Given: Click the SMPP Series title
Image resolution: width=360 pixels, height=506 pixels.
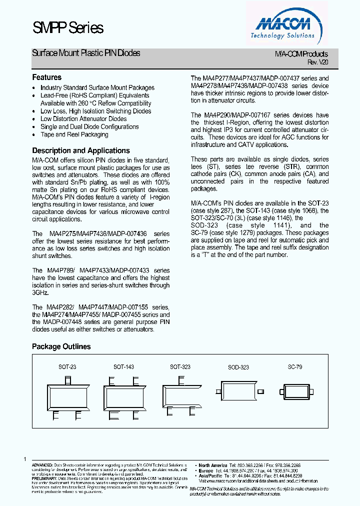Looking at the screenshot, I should point(67,28).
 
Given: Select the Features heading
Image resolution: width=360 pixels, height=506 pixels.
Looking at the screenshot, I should point(46,77).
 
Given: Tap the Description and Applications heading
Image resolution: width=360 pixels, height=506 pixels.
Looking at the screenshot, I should point(81,150).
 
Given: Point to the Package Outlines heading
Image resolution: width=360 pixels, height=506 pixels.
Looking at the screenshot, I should point(61,346).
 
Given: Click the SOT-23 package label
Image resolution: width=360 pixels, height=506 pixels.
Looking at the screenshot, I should point(67,367).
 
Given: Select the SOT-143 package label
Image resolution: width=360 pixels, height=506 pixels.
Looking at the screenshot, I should point(123,367).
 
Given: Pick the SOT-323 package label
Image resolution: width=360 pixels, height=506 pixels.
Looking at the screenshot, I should point(180,367).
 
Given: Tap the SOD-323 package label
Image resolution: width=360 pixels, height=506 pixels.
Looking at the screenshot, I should point(238,367).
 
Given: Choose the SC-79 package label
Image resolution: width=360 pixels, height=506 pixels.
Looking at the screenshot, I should point(294,367).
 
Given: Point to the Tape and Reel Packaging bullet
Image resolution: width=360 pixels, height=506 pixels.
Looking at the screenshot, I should point(74,134).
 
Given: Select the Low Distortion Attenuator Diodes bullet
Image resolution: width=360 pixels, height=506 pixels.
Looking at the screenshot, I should point(83,119).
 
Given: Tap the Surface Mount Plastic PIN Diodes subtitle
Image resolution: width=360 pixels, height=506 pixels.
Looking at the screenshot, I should point(86,53).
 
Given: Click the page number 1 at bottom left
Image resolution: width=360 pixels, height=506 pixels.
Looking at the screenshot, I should point(24,459).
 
